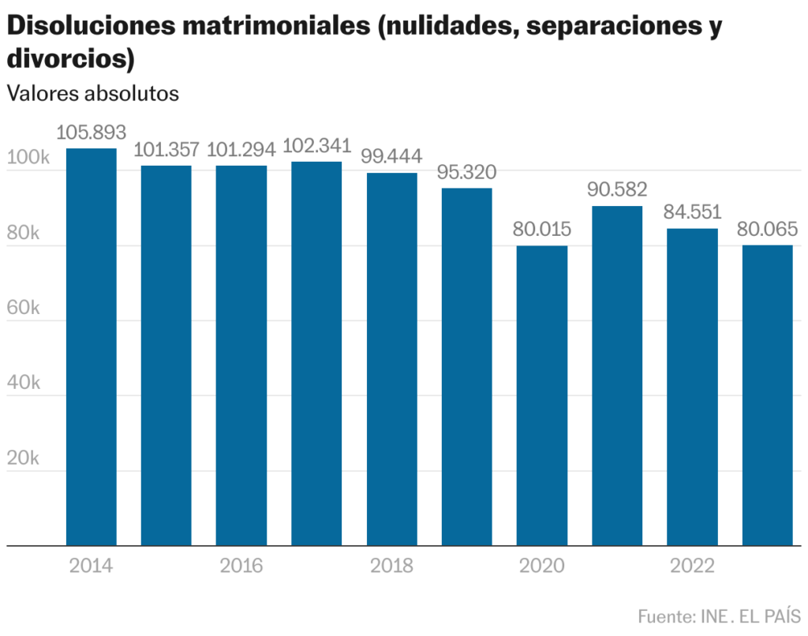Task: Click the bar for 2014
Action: tap(91, 347)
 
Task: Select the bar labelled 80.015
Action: tap(541, 395)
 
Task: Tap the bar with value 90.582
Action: tap(616, 376)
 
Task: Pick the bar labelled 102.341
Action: tap(316, 354)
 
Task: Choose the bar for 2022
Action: tap(692, 387)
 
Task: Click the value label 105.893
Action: tap(91, 133)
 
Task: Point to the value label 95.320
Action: tap(466, 173)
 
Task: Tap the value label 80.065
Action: tap(767, 230)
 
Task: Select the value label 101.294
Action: tap(241, 150)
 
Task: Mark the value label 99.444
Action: tap(391, 156)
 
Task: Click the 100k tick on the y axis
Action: tap(28, 158)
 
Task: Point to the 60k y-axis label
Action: tap(24, 308)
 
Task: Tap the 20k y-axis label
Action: tap(24, 458)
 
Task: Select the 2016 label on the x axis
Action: tap(241, 567)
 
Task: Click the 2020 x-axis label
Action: tap(542, 567)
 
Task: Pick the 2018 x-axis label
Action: tap(391, 567)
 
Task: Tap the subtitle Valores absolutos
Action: tap(93, 93)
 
